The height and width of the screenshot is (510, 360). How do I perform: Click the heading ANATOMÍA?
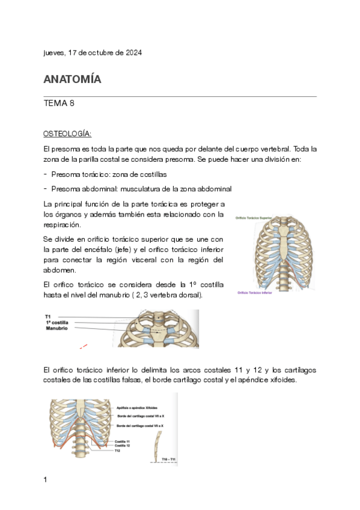pyautogui.click(x=72, y=79)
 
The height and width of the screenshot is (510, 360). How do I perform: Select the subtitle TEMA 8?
pyautogui.click(x=59, y=103)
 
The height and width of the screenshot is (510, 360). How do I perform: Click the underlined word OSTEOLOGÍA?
pyautogui.click(x=67, y=133)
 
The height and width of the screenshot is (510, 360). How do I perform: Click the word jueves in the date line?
pyautogui.click(x=54, y=53)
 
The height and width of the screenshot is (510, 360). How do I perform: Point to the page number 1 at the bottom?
pyautogui.click(x=46, y=479)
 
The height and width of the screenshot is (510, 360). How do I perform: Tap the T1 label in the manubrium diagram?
pyautogui.click(x=48, y=316)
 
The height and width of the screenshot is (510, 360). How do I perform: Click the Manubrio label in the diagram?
pyautogui.click(x=56, y=328)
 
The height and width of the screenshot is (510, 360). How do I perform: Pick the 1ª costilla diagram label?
pyautogui.click(x=57, y=322)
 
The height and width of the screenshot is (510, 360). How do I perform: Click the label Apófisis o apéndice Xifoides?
pyautogui.click(x=139, y=407)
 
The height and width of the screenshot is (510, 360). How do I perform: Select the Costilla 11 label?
pyautogui.click(x=124, y=441)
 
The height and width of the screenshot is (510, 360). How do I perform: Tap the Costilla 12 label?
pyautogui.click(x=124, y=446)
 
